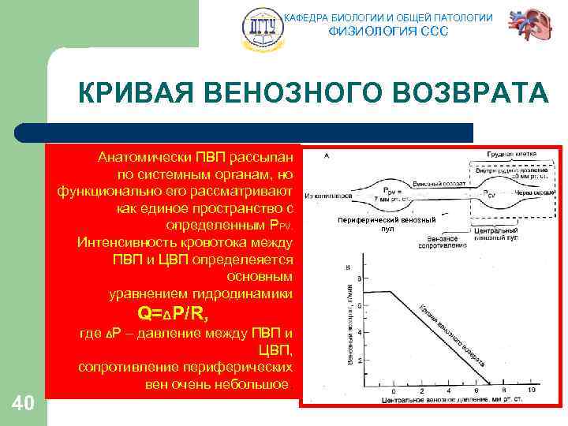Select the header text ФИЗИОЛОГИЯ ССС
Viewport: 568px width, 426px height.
(387, 32)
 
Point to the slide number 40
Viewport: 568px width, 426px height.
(23, 404)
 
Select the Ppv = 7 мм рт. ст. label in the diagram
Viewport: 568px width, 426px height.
(392, 193)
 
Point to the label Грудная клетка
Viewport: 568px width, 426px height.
(511, 153)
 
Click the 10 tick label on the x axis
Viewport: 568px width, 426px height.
(531, 390)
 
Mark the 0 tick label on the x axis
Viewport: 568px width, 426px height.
(394, 390)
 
